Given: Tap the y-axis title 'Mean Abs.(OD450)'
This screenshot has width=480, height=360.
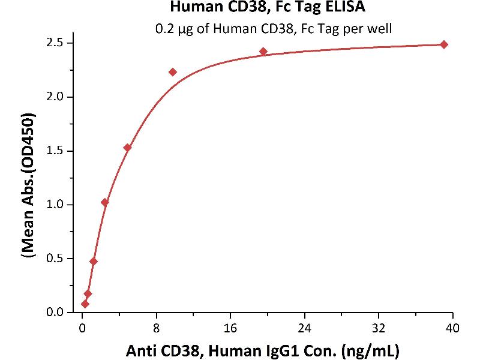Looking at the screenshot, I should click(x=28, y=178).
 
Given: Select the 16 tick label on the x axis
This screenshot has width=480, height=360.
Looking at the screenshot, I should click(x=230, y=327).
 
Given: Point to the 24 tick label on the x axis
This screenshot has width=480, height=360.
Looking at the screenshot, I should click(x=305, y=327).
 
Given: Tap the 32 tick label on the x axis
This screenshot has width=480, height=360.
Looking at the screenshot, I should click(x=379, y=327).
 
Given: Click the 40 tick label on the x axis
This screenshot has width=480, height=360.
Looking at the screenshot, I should click(x=453, y=327).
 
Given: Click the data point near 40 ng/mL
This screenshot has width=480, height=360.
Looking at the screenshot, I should click(x=444, y=44).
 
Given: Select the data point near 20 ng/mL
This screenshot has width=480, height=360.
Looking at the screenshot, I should click(x=263, y=52).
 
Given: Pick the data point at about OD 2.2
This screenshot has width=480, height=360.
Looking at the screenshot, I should click(x=173, y=72).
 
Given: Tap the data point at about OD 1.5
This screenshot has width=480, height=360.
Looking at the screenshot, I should click(x=127, y=148).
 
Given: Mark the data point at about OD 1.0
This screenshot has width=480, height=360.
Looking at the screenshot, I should click(x=105, y=203).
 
